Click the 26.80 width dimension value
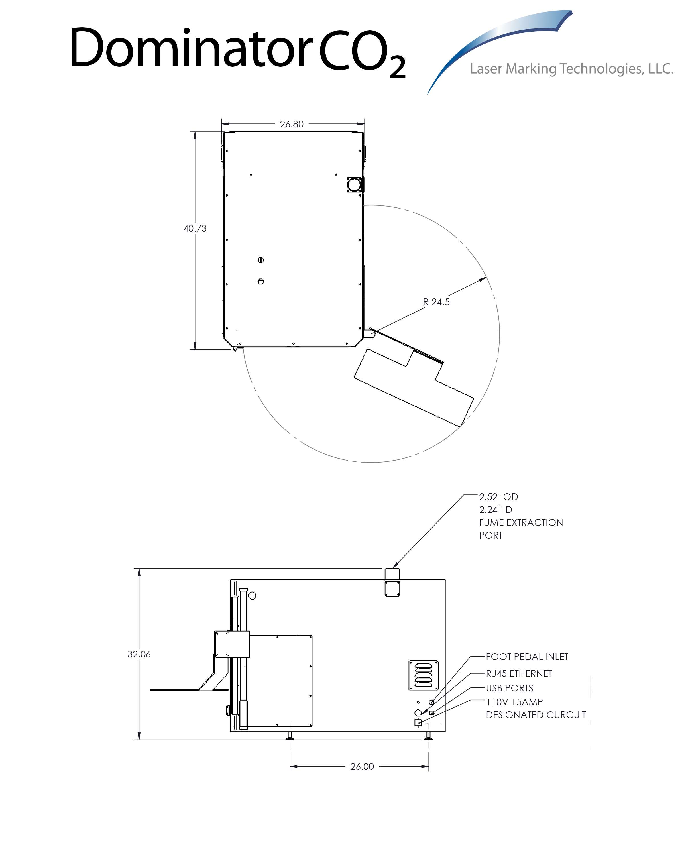[292, 124]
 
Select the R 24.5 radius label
[436, 302]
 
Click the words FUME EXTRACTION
[521, 523]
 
